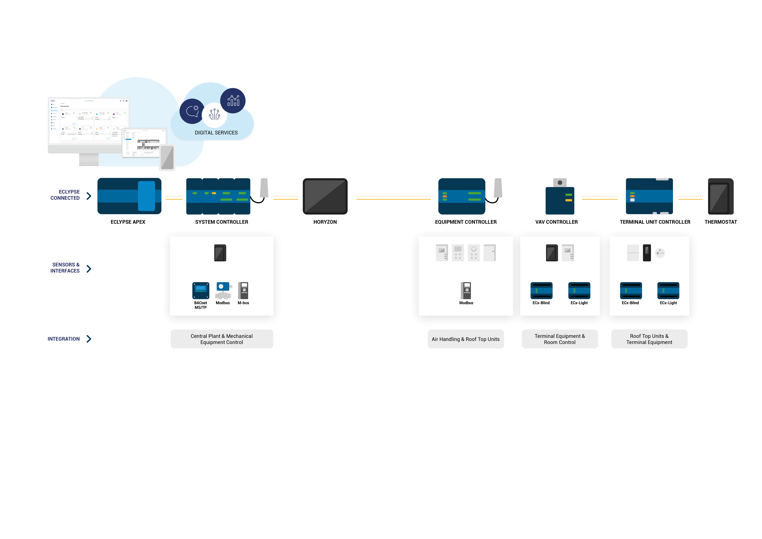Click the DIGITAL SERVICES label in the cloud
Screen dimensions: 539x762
(216, 133)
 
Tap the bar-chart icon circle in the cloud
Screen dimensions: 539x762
(233, 101)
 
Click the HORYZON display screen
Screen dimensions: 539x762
(325, 196)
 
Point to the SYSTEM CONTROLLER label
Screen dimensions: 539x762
(221, 222)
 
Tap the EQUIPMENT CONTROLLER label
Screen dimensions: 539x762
(466, 222)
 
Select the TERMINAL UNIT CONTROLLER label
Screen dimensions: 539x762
(655, 222)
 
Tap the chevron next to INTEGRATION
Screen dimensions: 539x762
(89, 339)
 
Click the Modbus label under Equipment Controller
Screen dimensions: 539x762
(466, 303)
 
